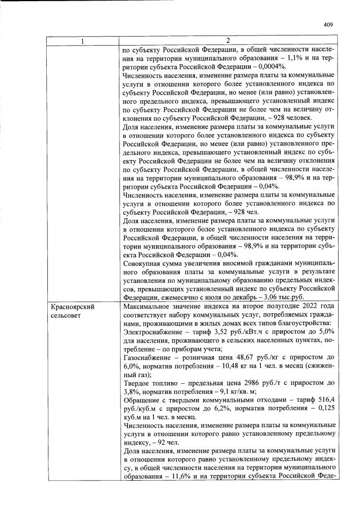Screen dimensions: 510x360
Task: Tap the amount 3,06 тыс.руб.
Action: (292, 295)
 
